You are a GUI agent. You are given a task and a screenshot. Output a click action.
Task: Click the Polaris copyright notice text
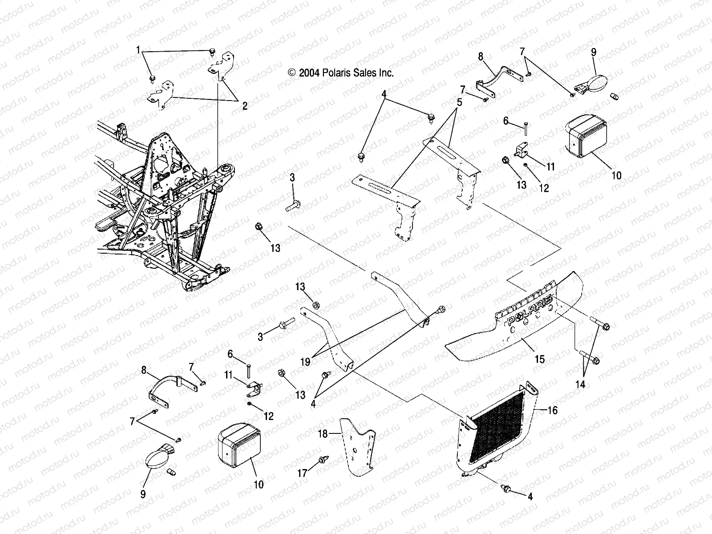point(341,73)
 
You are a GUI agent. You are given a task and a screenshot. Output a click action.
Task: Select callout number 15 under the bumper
point(539,359)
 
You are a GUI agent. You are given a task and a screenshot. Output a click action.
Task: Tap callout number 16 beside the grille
point(552,410)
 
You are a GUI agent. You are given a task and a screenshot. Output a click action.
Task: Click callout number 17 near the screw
point(303,474)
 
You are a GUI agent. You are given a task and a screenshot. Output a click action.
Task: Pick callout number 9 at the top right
point(593,52)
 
